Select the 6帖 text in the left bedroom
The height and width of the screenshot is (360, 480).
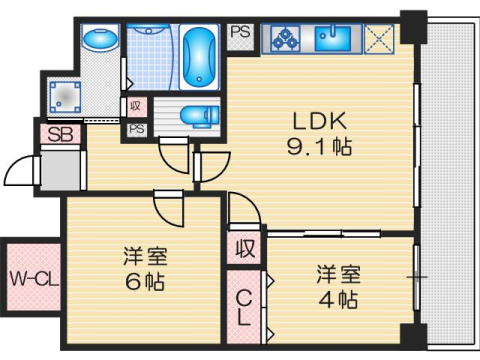(x=140, y=280)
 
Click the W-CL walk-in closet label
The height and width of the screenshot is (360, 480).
(x=33, y=276)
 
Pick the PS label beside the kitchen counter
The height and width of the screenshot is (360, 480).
(x=241, y=31)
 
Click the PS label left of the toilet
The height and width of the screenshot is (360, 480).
(x=135, y=129)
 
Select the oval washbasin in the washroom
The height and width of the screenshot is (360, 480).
(x=98, y=41)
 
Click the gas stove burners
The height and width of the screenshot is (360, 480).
(x=284, y=39)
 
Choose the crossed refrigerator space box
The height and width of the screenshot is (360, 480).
(x=381, y=39)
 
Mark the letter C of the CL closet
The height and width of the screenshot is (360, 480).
(x=244, y=297)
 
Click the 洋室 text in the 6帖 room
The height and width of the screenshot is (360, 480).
(x=140, y=256)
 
